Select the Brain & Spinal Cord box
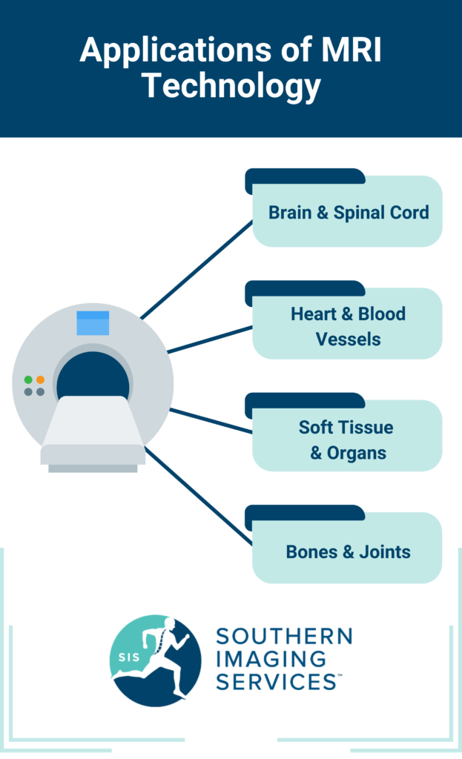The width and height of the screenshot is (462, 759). click(348, 212)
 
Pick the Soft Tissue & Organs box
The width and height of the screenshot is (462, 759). click(348, 439)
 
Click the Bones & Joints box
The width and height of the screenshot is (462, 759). click(348, 551)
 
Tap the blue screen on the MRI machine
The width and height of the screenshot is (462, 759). click(93, 323)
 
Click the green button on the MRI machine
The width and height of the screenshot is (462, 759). click(28, 379)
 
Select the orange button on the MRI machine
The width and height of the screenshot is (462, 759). click(40, 379)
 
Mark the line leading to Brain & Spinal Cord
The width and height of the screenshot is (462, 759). click(197, 270)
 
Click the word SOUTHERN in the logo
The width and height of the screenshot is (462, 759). click(284, 637)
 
